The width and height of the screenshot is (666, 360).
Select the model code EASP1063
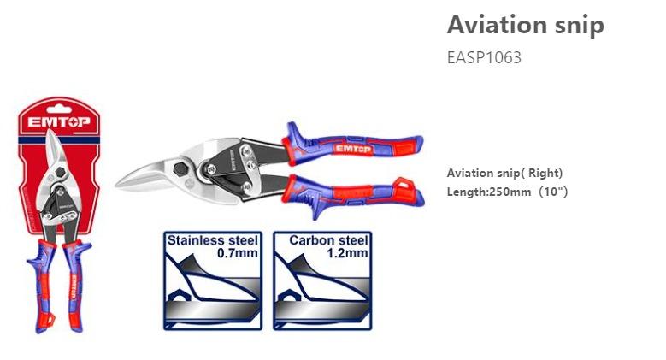[484, 58]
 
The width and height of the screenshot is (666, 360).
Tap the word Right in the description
[545, 173]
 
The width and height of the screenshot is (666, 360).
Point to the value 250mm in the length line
[511, 192]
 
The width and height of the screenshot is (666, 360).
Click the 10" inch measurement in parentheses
[551, 192]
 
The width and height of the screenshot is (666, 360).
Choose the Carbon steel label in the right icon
[328, 240]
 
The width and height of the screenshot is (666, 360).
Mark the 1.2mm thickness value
[351, 253]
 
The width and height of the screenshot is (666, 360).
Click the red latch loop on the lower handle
[404, 185]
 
